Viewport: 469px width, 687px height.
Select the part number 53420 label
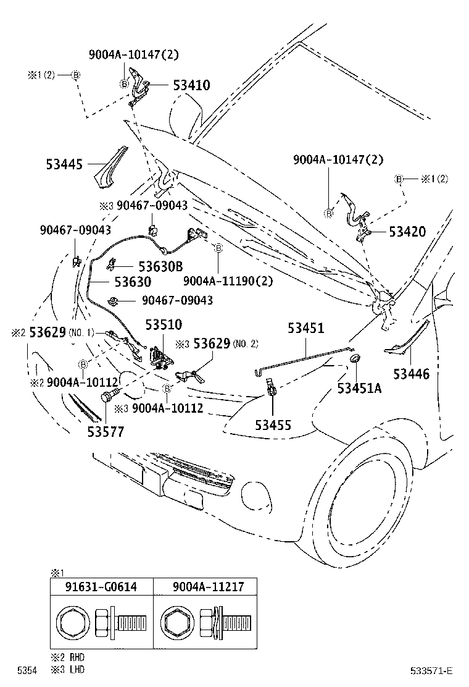click(407, 232)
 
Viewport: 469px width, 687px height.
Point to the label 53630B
click(160, 266)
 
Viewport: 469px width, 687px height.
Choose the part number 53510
click(164, 325)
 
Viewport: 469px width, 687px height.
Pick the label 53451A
click(359, 388)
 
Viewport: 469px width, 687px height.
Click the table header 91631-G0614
click(101, 588)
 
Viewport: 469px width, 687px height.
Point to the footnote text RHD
click(75, 659)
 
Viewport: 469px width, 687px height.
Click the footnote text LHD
click(75, 669)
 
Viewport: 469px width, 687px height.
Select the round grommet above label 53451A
click(356, 360)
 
